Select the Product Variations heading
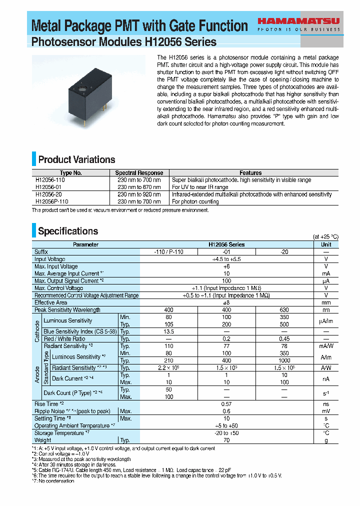[x=76, y=160]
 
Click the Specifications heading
[x=68, y=231]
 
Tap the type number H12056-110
[x=50, y=180]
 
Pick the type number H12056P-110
[x=52, y=201]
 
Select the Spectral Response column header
[x=139, y=173]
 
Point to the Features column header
[x=250, y=173]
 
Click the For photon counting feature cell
[x=195, y=201]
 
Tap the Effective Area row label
[x=51, y=302]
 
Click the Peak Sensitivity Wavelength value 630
[x=284, y=310]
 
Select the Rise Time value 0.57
[x=226, y=403]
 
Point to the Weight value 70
[x=226, y=440]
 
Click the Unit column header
[x=326, y=244]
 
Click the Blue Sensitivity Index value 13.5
[x=169, y=331]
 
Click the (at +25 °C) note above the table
[x=325, y=237]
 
